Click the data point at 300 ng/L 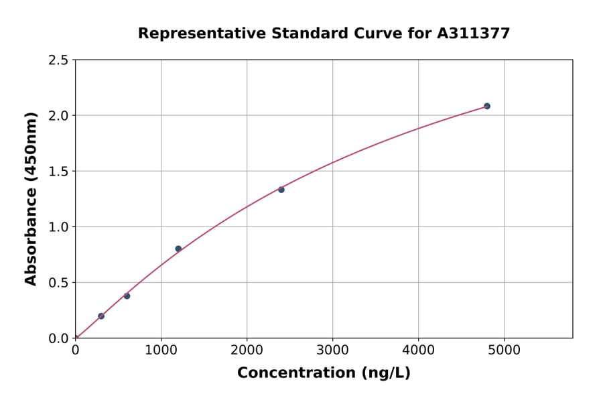pyautogui.click(x=101, y=316)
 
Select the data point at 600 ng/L pyautogui.click(x=127, y=296)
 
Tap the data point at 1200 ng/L pyautogui.click(x=178, y=249)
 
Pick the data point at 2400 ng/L pyautogui.click(x=281, y=190)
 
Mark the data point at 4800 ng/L pyautogui.click(x=487, y=106)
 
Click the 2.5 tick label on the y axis pyautogui.click(x=58, y=60)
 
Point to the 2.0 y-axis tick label pyautogui.click(x=58, y=116)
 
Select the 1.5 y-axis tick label pyautogui.click(x=58, y=172)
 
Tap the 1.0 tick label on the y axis pyautogui.click(x=58, y=227)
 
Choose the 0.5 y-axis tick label pyautogui.click(x=58, y=283)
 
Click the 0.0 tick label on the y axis pyautogui.click(x=58, y=338)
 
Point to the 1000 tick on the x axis pyautogui.click(x=161, y=350)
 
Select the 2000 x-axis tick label pyautogui.click(x=247, y=350)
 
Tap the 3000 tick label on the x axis pyautogui.click(x=333, y=350)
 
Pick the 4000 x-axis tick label pyautogui.click(x=419, y=350)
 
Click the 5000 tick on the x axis pyautogui.click(x=505, y=350)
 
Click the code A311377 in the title pyautogui.click(x=473, y=34)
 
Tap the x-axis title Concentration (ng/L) pyautogui.click(x=324, y=373)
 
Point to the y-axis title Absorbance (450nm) pyautogui.click(x=31, y=198)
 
